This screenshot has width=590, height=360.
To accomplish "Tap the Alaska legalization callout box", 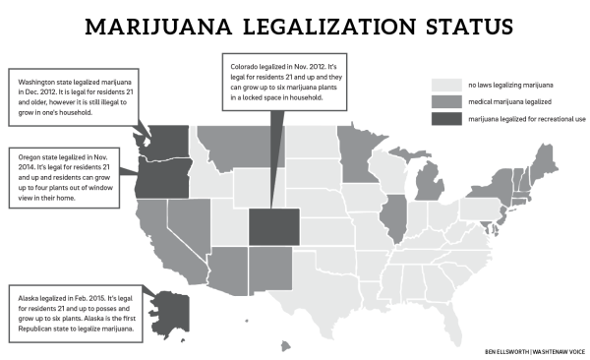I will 74,314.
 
